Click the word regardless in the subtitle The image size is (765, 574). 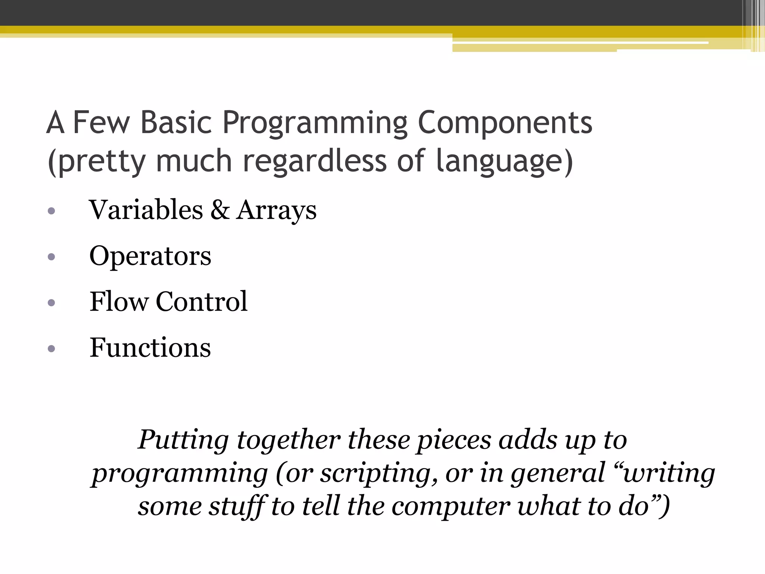point(315,161)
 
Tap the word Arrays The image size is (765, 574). point(276,210)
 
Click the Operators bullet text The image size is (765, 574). point(150,256)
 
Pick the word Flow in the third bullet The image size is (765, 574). point(119,302)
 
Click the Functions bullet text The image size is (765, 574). point(150,348)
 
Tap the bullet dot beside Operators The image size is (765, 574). point(52,257)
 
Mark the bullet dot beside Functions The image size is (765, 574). point(52,349)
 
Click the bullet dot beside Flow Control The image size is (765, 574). point(52,303)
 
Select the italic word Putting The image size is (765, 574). point(183,440)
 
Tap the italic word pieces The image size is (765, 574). point(454,440)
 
